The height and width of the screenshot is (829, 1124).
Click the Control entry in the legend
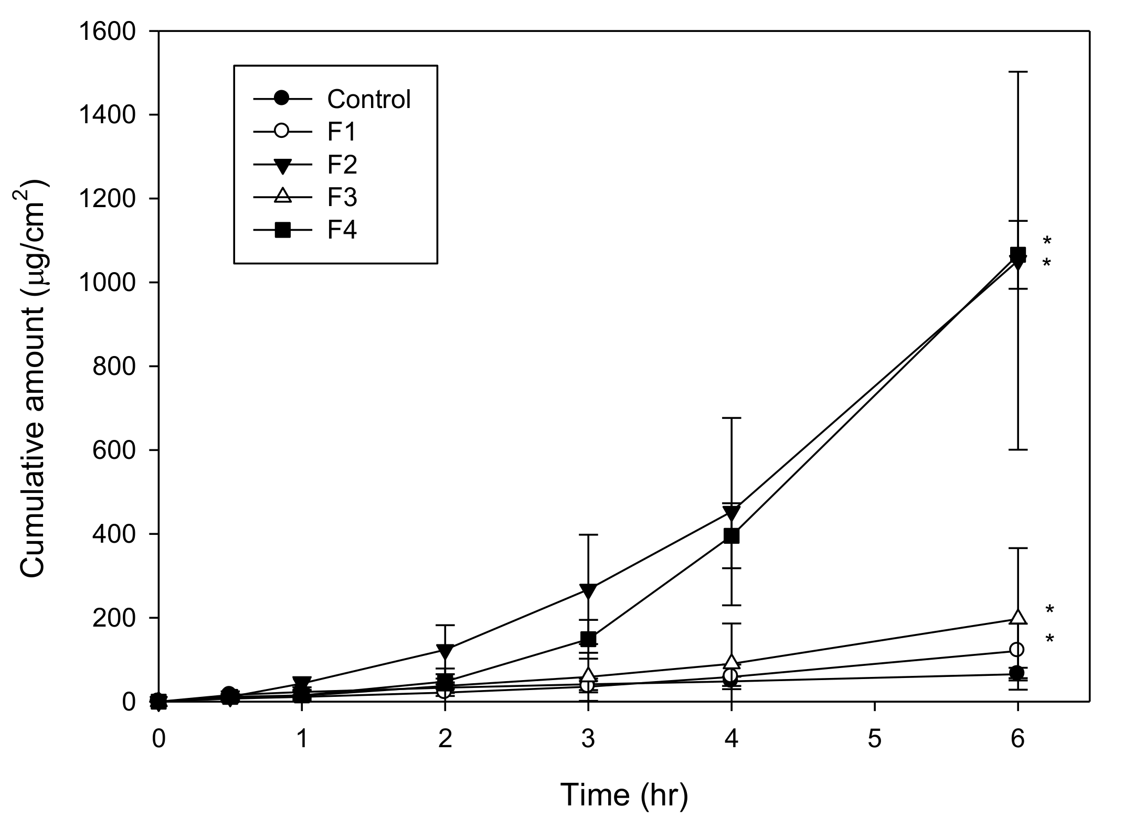(x=368, y=99)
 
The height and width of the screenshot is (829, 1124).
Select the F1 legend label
(x=341, y=132)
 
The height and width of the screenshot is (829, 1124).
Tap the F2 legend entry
(x=342, y=165)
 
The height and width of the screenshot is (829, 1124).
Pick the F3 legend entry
(x=342, y=198)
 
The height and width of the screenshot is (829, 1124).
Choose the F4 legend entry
(x=342, y=230)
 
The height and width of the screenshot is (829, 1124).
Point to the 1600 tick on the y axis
(x=108, y=32)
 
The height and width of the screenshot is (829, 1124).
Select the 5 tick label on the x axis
(x=874, y=739)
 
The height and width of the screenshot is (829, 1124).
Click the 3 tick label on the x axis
(x=588, y=739)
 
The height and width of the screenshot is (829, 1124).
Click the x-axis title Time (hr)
(x=623, y=795)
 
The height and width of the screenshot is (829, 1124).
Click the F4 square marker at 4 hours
(x=731, y=535)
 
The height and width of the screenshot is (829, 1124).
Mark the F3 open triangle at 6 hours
(x=1017, y=617)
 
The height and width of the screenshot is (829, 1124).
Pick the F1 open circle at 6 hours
(x=1017, y=650)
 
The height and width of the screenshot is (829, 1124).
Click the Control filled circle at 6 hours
(x=1017, y=673)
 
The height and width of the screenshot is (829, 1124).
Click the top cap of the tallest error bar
(x=1017, y=87)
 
